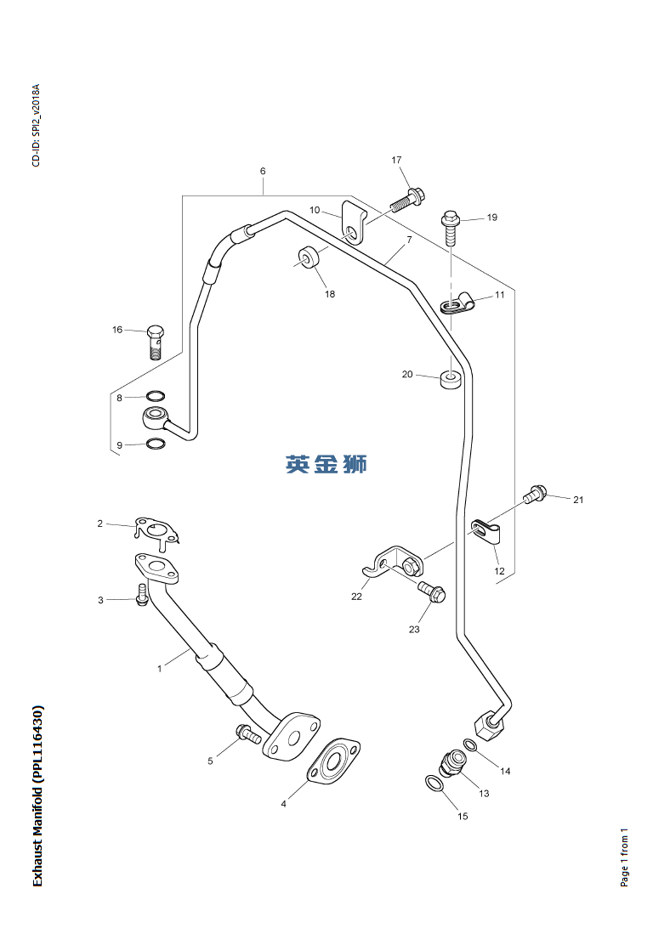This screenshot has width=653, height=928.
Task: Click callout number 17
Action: click(396, 160)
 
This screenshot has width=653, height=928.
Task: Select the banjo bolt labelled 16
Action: click(155, 340)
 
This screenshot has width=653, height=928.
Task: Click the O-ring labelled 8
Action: click(155, 396)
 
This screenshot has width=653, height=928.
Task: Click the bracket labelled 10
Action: click(352, 220)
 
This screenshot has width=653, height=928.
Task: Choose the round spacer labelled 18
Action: click(308, 256)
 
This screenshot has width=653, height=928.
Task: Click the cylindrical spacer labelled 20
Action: click(451, 378)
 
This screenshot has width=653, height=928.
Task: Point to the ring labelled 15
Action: click(434, 783)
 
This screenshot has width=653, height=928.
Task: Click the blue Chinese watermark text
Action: click(326, 464)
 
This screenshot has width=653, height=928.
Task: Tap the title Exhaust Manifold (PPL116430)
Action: click(37, 795)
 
